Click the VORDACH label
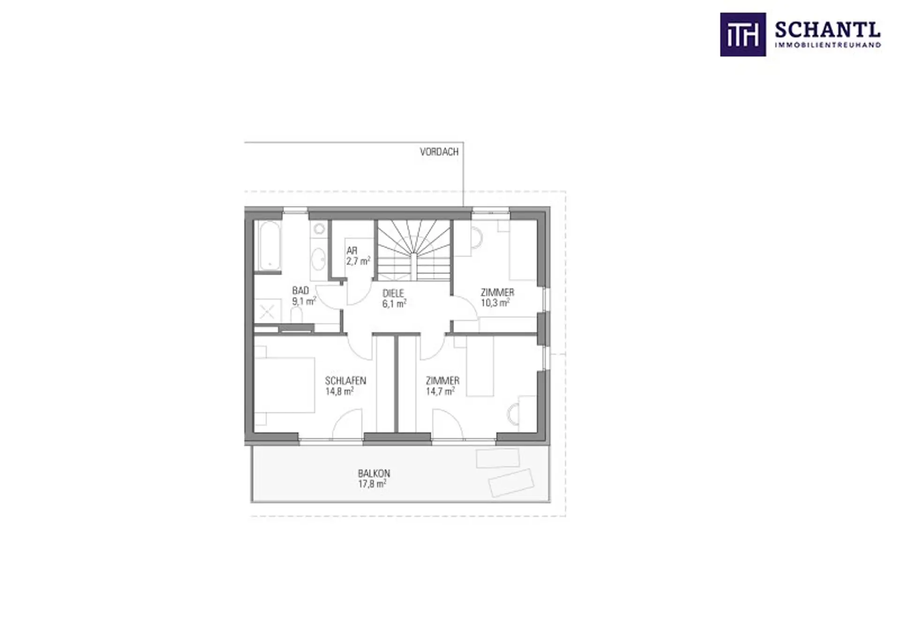pos(439,152)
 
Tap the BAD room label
pos(300,290)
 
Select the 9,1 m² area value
pos(304,301)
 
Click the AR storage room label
pos(352,251)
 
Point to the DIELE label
pos(393,293)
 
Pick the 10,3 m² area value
pos(495,303)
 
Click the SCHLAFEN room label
pos(345,380)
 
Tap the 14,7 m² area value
pos(440,391)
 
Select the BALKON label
pos(374,473)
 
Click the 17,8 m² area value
pos(372,484)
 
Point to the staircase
pos(414,250)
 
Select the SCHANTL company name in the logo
pos(828,30)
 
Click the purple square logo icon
pos(743,35)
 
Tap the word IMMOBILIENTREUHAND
pos(828,45)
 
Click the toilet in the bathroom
pos(296,315)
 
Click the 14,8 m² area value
pos(339,391)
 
